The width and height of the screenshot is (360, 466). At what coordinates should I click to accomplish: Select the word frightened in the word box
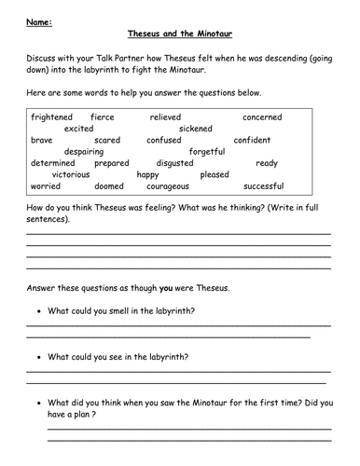coord(53,117)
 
